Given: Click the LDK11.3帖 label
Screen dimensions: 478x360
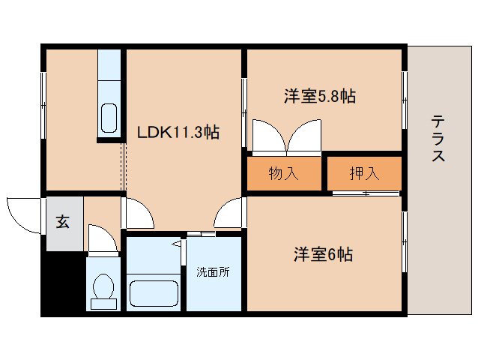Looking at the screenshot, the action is tap(178, 133).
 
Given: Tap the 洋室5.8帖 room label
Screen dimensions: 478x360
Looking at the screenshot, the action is tap(320, 96).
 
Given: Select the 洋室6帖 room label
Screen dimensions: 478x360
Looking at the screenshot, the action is tap(323, 254).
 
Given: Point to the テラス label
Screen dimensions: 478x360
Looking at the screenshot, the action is tap(438, 138).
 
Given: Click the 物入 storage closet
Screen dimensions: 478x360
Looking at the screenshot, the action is tap(284, 173).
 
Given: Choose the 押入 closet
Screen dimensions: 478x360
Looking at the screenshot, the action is tap(364, 173).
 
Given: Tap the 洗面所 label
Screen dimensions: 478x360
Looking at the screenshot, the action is tap(213, 271).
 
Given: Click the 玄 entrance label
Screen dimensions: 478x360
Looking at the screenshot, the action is tap(62, 222).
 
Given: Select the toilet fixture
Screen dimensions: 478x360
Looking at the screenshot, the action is tap(103, 291).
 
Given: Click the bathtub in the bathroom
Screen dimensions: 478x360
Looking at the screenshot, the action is tap(154, 293).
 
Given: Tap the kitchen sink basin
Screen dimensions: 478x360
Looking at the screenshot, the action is tap(109, 118).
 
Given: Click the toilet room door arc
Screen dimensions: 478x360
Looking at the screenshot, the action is tap(103, 238).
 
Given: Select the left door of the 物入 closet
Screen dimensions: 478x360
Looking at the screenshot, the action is tap(270, 136).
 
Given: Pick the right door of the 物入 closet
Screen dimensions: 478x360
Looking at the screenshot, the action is tap(304, 136).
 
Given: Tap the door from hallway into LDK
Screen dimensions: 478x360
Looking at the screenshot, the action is tap(139, 213).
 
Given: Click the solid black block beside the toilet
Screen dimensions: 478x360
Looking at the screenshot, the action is tap(63, 283).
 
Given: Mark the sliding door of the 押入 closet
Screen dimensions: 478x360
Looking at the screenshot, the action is tap(366, 193).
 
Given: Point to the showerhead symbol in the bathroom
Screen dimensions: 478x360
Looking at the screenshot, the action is tap(177, 244).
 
